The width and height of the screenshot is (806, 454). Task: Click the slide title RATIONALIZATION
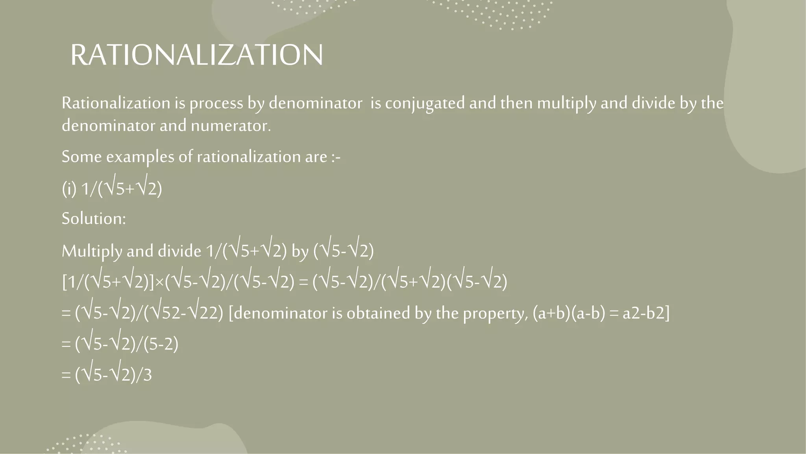[197, 55]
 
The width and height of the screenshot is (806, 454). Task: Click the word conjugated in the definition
[425, 103]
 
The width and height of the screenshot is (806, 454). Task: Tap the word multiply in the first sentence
[566, 103]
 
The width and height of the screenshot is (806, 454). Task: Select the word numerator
[231, 126]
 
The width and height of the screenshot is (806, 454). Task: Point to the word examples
[140, 157]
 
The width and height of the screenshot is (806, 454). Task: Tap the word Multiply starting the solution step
[91, 251]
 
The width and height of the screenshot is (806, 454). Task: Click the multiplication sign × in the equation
[160, 283]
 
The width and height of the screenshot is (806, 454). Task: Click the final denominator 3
[147, 375]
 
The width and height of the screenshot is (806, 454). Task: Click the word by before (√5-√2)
[300, 251]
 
